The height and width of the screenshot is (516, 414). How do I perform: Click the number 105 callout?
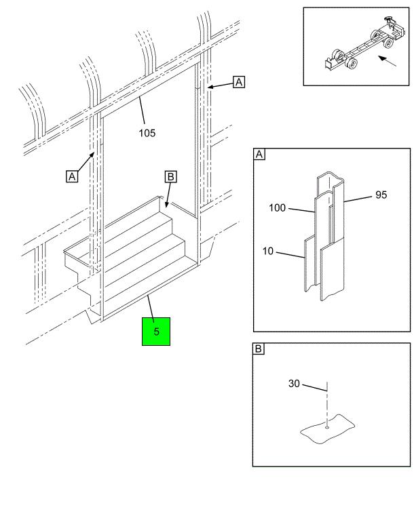[147, 133]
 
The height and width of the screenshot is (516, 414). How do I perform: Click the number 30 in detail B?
[295, 384]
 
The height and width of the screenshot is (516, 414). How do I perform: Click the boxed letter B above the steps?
[171, 177]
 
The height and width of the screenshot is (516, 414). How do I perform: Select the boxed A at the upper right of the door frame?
[239, 82]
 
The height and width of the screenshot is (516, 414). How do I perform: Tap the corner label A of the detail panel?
[259, 155]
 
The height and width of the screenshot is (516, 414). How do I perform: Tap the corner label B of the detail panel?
[259, 351]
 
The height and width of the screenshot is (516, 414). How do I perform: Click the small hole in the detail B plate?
[327, 427]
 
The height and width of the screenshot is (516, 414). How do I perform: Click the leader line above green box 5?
[153, 307]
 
